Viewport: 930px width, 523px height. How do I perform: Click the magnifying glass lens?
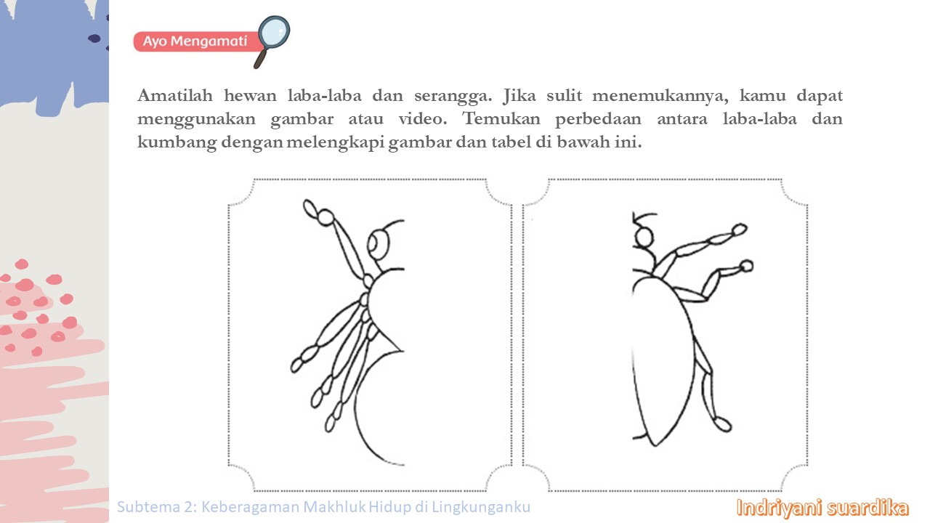[x=274, y=33]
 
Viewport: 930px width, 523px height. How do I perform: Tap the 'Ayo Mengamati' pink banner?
[x=196, y=41]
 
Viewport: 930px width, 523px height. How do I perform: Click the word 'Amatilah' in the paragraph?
[x=175, y=95]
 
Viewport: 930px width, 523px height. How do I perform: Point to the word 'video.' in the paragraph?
[x=423, y=119]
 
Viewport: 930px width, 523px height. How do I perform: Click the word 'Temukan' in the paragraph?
[x=501, y=119]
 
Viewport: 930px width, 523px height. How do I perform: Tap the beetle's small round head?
[x=644, y=238]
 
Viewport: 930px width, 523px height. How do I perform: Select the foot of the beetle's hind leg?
[x=722, y=424]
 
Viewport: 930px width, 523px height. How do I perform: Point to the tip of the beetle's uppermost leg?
[x=739, y=229]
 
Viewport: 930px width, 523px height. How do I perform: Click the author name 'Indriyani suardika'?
[x=822, y=508]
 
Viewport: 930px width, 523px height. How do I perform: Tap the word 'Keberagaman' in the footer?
[x=250, y=507]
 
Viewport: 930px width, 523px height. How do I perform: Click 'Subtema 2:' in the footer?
[x=157, y=507]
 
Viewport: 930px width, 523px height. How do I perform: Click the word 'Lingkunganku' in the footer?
[x=481, y=508]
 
